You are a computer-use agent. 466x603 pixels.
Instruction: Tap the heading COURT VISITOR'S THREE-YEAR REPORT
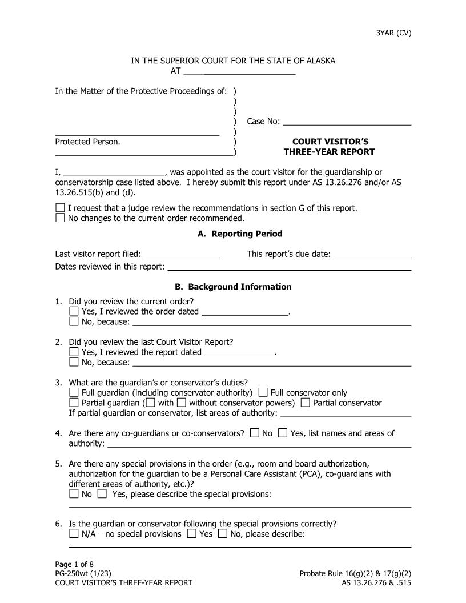coord(330,147)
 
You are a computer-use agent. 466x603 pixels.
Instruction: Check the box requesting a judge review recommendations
coord(61,208)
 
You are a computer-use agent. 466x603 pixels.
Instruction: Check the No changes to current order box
coord(61,218)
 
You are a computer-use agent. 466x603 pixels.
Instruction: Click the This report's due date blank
coord(372,254)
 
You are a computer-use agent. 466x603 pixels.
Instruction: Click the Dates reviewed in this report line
coord(289,266)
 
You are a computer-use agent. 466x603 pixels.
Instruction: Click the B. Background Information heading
coord(233,287)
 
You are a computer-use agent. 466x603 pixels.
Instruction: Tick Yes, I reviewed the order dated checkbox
coord(74,311)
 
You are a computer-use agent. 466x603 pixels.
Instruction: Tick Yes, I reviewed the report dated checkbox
coord(74,352)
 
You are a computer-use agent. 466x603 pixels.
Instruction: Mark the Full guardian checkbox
coord(74,393)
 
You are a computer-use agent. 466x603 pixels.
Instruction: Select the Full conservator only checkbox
coord(263,393)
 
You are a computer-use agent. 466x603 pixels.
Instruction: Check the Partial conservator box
coord(306,403)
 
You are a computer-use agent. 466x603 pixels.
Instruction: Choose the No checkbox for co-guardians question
coord(255,433)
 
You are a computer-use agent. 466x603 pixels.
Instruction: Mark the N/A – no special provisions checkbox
coord(74,534)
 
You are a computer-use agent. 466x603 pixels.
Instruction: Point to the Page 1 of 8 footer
coord(74,564)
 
